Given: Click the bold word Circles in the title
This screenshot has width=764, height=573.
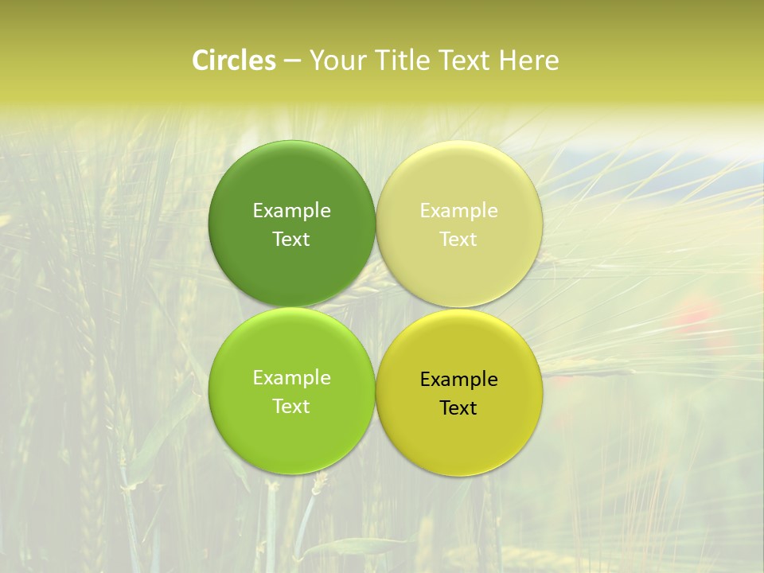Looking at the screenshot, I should pos(233,60).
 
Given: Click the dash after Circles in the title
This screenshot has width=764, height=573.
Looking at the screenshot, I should pos(291,61).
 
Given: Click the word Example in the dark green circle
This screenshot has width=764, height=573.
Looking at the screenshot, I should pos(291,210).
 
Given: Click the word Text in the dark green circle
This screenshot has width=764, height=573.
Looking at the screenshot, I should pos(291,239).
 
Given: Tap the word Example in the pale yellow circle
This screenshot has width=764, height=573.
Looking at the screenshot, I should pos(459,210).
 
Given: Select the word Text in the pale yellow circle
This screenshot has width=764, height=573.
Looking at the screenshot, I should pos(459,239).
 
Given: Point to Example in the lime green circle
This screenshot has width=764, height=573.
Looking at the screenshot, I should pos(291,377).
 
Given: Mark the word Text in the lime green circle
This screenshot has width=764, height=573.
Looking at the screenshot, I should pos(291,406).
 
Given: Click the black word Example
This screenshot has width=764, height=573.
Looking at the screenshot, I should pos(459,379).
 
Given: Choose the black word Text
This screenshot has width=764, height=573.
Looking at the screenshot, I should pos(459,407).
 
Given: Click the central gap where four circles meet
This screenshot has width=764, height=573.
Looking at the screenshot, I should pos(376,307).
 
